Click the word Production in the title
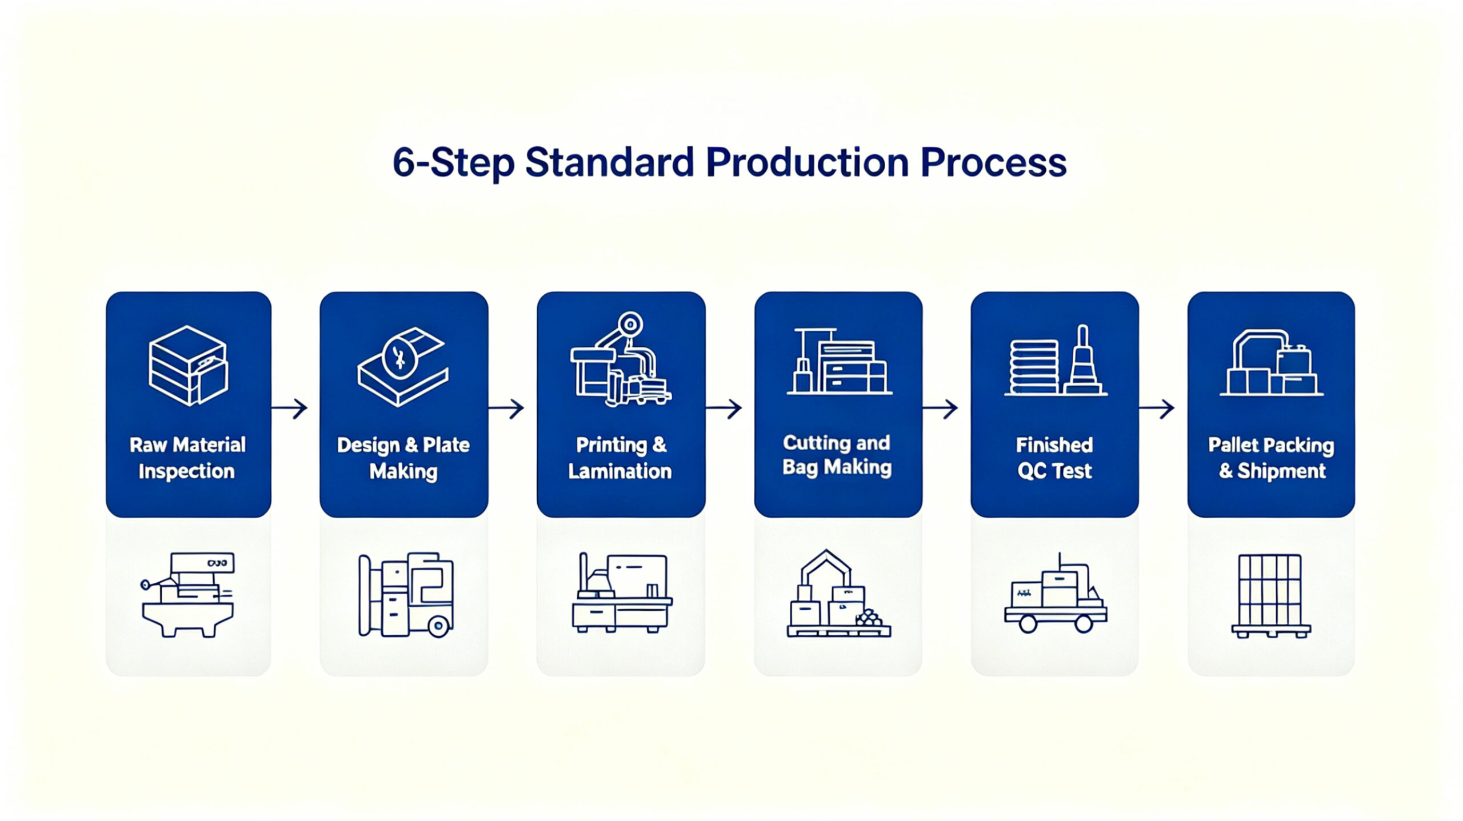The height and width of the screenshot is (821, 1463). click(807, 162)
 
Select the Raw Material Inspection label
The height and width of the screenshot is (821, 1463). click(187, 458)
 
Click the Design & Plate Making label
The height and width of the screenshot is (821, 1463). click(403, 458)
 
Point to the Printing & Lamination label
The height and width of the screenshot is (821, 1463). click(621, 458)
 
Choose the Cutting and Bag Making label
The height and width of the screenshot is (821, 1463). click(837, 455)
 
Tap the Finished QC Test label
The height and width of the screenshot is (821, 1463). click(1054, 458)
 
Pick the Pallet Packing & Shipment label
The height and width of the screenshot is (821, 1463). click(1271, 458)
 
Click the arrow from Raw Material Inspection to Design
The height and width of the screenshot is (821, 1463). click(289, 408)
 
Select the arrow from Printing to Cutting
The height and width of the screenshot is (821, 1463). click(723, 408)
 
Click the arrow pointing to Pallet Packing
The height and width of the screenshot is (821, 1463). click(1156, 408)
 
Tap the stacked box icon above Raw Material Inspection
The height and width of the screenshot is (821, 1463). click(188, 366)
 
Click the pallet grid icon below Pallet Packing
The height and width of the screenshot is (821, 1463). click(1271, 596)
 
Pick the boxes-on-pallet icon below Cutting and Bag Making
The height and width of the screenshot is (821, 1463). click(838, 594)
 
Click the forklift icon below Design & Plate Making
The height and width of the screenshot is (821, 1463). click(406, 595)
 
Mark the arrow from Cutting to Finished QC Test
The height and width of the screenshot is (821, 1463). click(940, 408)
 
